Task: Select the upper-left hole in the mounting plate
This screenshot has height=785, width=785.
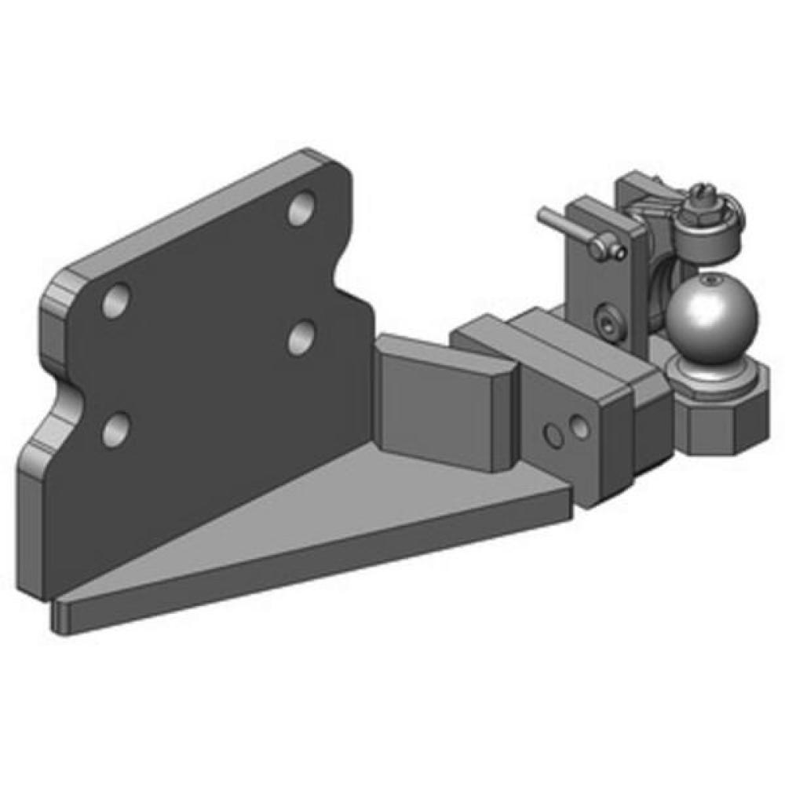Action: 116,301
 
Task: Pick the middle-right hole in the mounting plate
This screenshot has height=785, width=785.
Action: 300,338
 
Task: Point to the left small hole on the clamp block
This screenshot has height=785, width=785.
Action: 555,433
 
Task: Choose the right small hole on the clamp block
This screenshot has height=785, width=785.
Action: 579,427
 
